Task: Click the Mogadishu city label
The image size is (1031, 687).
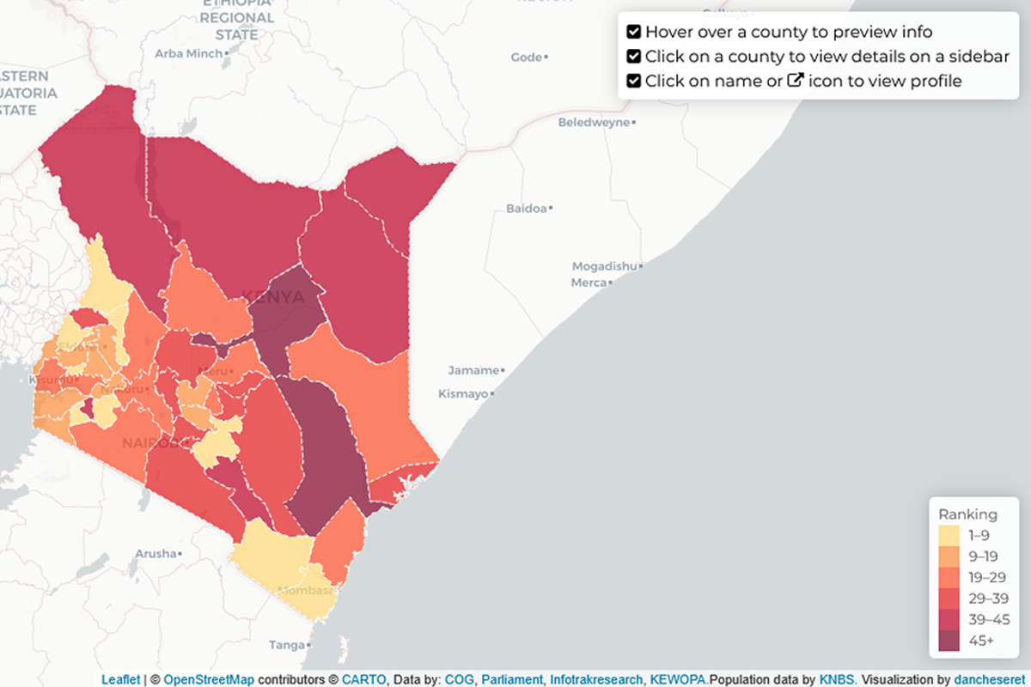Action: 606,266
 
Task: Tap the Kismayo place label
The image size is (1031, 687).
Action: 463,393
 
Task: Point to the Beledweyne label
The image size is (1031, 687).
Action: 594,123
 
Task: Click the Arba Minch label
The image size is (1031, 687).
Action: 188,53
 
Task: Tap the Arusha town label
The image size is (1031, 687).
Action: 156,554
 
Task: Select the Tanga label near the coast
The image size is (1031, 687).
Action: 286,645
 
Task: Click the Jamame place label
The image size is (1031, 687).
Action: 473,370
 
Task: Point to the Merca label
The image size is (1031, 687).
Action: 589,283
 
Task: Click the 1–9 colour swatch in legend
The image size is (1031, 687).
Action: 949,536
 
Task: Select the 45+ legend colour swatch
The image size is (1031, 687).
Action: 949,639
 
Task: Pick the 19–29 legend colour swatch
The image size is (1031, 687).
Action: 949,577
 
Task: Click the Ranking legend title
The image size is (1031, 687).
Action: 967,514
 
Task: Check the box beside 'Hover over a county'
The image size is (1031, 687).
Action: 634,32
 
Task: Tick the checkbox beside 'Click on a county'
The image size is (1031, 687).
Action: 634,57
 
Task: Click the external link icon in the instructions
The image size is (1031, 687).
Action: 796,81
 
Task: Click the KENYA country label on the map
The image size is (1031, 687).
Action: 273,297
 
